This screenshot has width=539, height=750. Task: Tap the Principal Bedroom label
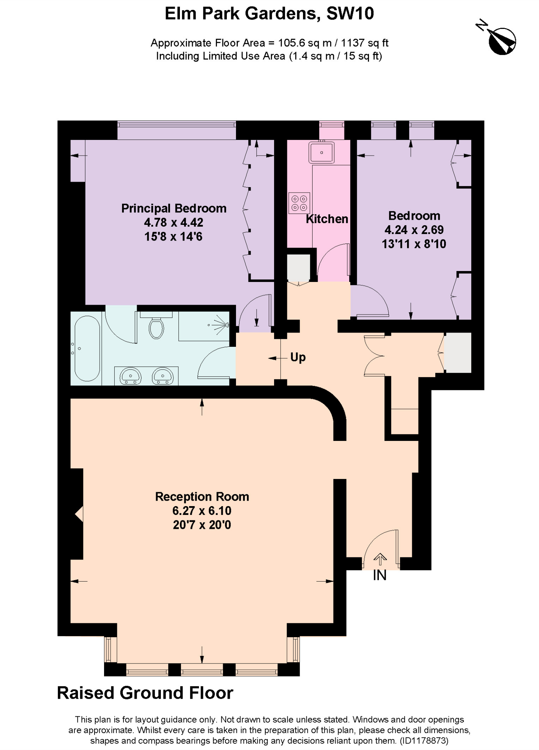click(174, 208)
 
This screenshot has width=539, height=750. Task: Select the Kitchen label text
click(327, 219)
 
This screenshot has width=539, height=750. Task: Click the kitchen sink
click(321, 152)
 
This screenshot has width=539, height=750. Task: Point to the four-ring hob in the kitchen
click(299, 203)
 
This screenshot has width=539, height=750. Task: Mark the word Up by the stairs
click(298, 357)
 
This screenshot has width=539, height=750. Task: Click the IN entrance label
click(380, 576)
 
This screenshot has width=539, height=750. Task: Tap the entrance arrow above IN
click(380, 559)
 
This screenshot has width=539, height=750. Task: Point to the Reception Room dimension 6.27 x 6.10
click(202, 511)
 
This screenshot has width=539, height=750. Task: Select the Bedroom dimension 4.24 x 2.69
click(414, 230)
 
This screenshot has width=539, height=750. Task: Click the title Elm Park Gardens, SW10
click(269, 14)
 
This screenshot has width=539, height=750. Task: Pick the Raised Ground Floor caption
click(145, 693)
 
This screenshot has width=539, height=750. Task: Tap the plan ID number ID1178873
click(424, 740)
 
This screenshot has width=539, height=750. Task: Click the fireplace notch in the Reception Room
click(79, 514)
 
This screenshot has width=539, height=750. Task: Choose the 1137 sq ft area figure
click(364, 43)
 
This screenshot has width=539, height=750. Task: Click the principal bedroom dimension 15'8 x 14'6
click(173, 237)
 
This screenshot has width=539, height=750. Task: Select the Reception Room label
click(202, 497)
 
